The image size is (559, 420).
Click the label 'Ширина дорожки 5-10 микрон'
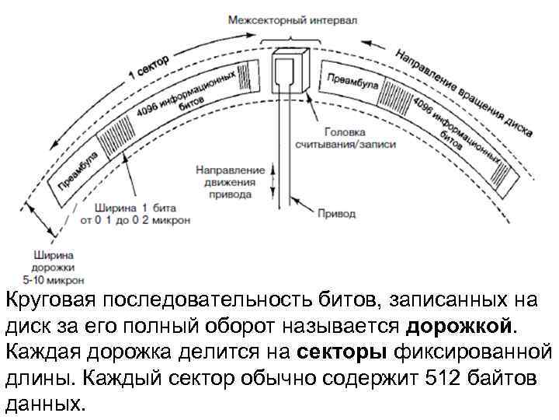pos(54,266)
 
